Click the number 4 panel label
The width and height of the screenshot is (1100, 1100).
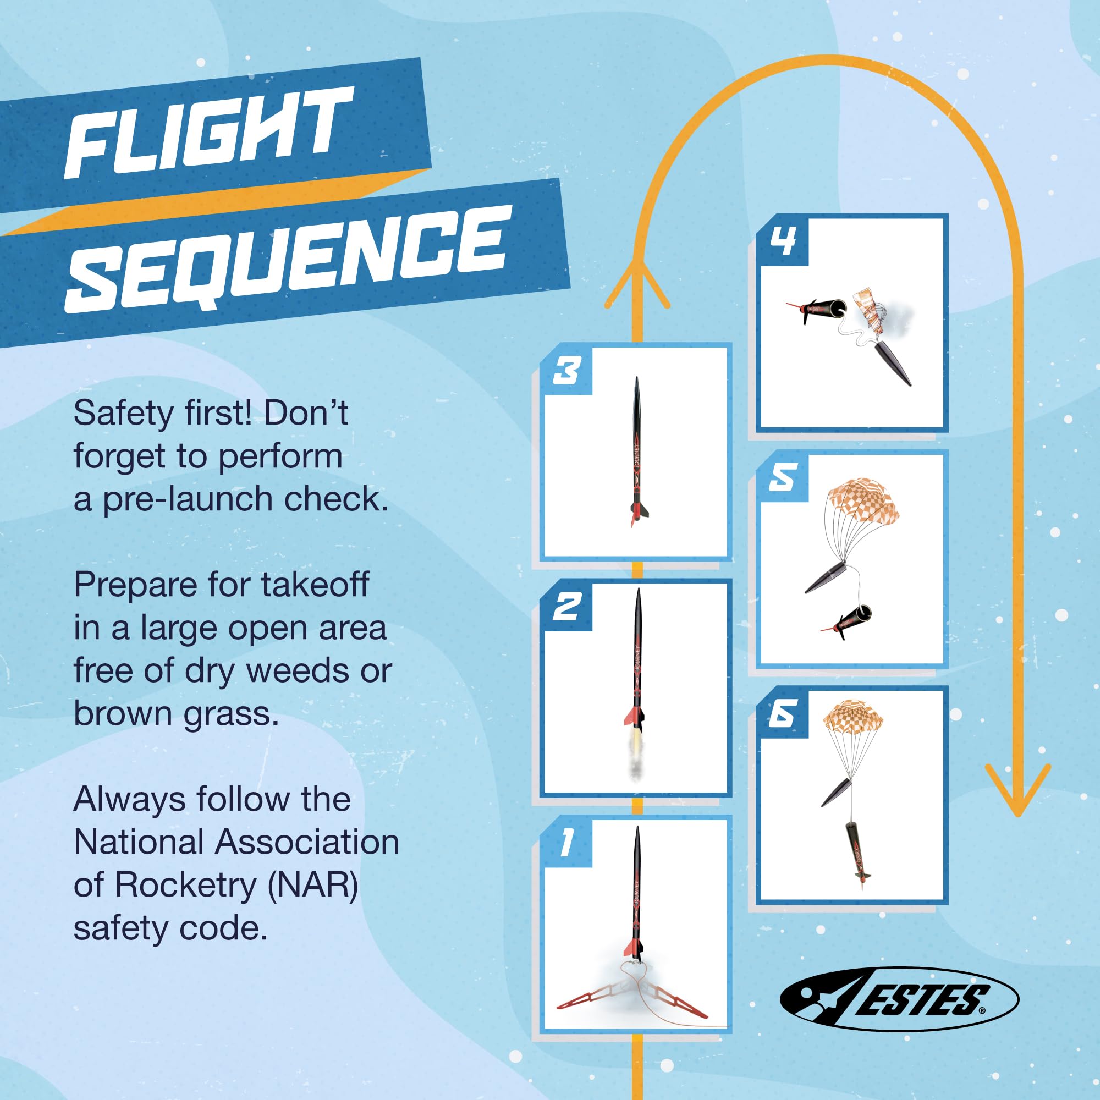pyautogui.click(x=782, y=241)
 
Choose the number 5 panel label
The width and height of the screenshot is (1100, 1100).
pyautogui.click(x=782, y=477)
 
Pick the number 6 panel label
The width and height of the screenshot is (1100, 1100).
pyautogui.click(x=782, y=713)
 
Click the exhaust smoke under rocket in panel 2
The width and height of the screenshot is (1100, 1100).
pyautogui.click(x=635, y=761)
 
